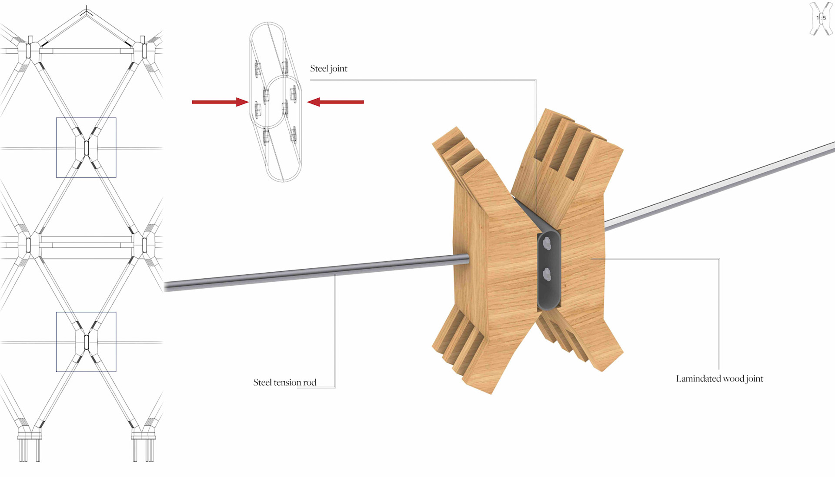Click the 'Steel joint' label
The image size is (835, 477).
[x=328, y=69]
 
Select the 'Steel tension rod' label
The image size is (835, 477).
[x=284, y=383]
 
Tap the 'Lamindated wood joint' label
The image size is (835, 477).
[x=719, y=379]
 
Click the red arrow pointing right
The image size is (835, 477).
[x=220, y=102]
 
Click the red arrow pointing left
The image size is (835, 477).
[x=335, y=102]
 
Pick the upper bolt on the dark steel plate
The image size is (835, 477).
[x=547, y=244]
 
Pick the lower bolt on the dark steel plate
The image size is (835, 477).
[x=547, y=274]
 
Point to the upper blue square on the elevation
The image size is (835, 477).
[x=86, y=147]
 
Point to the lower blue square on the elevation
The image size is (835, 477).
[x=86, y=342]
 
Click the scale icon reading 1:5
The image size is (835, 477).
[x=821, y=18]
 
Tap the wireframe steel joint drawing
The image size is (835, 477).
[x=275, y=102]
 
